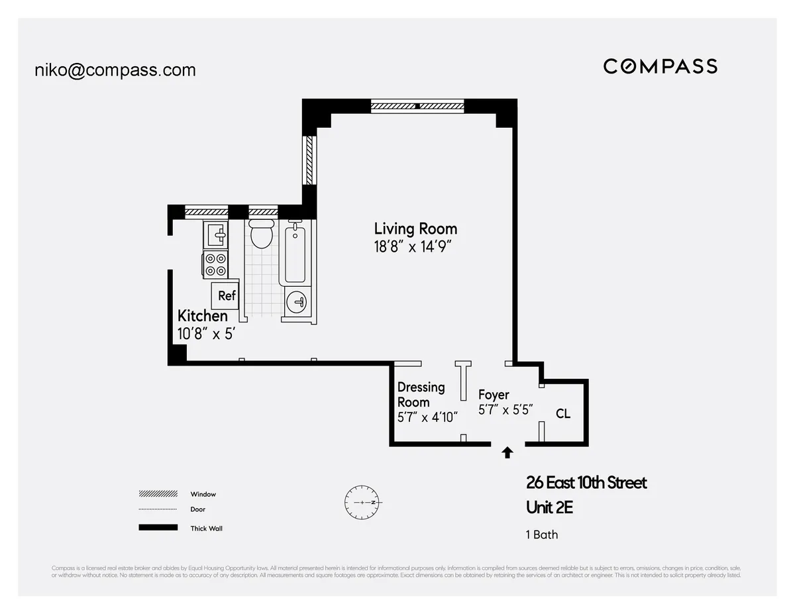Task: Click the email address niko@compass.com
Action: pyautogui.click(x=115, y=70)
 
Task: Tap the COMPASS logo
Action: pyautogui.click(x=660, y=66)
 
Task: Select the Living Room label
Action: pyautogui.click(x=415, y=229)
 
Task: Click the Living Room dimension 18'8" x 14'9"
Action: pyautogui.click(x=415, y=247)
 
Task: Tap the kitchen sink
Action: pyautogui.click(x=216, y=234)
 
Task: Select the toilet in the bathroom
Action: pyautogui.click(x=262, y=234)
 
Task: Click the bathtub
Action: pyautogui.click(x=295, y=254)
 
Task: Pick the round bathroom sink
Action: pyautogui.click(x=297, y=303)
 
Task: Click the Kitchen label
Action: pyautogui.click(x=202, y=316)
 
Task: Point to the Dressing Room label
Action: pyautogui.click(x=421, y=395)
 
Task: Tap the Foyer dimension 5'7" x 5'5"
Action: pyautogui.click(x=505, y=410)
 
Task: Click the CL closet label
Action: pyautogui.click(x=563, y=414)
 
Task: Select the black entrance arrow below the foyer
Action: pyautogui.click(x=507, y=452)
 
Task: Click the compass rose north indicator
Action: pyautogui.click(x=362, y=503)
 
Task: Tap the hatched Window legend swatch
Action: pyautogui.click(x=158, y=494)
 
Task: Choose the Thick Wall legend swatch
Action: pyautogui.click(x=158, y=528)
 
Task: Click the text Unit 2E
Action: pyautogui.click(x=549, y=507)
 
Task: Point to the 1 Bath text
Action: pyautogui.click(x=542, y=535)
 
